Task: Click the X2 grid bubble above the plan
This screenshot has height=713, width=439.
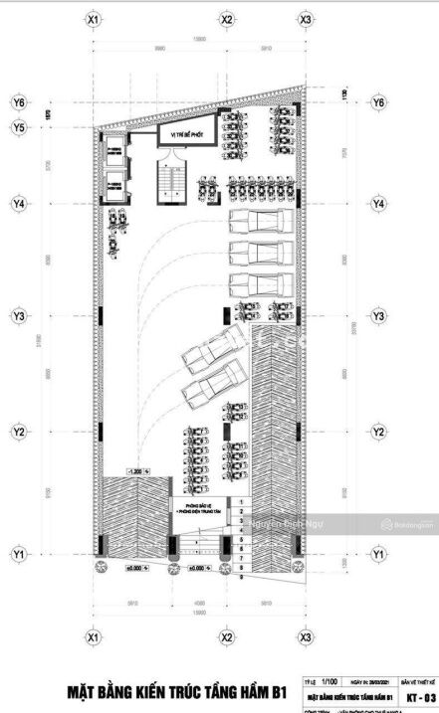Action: point(227,19)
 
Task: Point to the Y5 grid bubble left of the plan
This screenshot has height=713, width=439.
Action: point(18,127)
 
